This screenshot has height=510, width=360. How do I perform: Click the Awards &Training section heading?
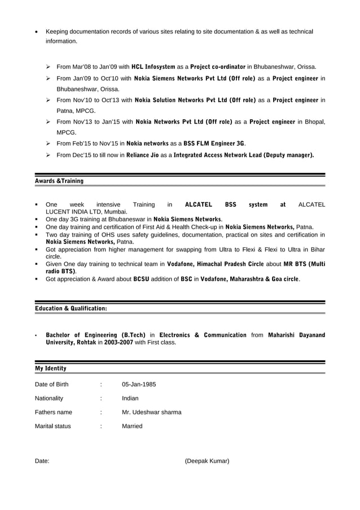click(59, 181)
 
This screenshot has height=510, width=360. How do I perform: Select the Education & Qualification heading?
click(71, 308)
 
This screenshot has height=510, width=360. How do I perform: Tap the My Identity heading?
click(51, 368)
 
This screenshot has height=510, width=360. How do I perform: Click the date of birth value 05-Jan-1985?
click(139, 385)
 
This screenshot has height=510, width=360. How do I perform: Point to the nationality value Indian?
click(130, 398)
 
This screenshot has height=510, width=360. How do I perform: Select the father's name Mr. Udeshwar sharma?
click(152, 412)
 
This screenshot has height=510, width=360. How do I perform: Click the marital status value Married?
click(132, 426)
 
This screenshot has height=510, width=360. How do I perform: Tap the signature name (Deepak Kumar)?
click(207, 461)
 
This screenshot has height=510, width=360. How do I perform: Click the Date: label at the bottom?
click(42, 461)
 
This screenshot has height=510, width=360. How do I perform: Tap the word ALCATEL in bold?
click(198, 204)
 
